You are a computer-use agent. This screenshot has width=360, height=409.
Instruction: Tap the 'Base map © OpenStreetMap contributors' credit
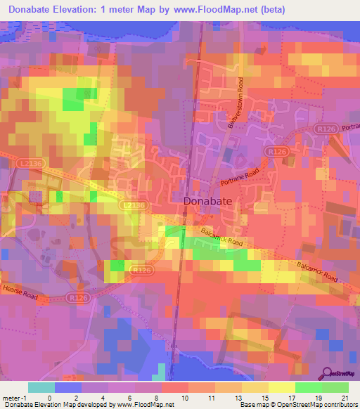296,405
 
